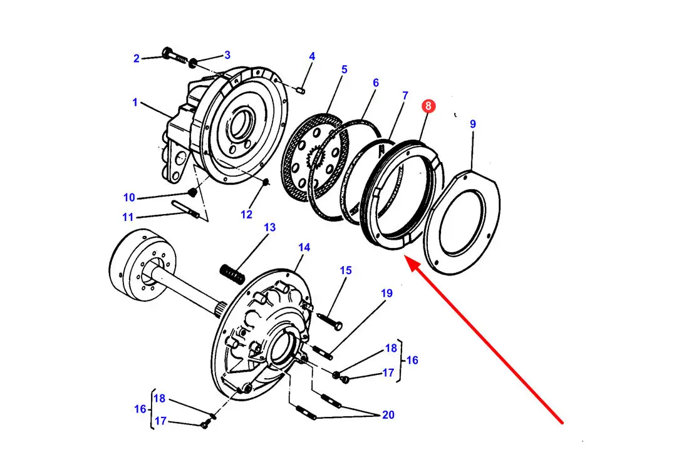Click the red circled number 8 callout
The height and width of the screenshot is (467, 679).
tap(428, 106)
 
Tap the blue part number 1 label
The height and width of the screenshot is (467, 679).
tap(135, 103)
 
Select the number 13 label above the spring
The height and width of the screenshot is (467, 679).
tap(269, 227)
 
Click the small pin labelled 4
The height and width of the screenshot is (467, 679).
tap(301, 90)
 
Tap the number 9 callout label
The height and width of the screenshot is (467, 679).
tap(472, 124)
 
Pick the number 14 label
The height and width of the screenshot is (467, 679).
tap(304, 247)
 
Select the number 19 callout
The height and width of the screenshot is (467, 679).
tap(386, 293)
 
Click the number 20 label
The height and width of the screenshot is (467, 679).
tap(388, 414)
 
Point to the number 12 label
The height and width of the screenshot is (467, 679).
tap(246, 214)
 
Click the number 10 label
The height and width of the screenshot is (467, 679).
tap(129, 197)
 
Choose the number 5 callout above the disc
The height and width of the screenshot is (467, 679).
tap(345, 69)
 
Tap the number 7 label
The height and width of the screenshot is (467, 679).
tap(405, 95)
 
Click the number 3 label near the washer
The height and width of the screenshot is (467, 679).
tap(227, 55)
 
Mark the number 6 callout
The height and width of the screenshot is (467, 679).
tap(375, 83)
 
